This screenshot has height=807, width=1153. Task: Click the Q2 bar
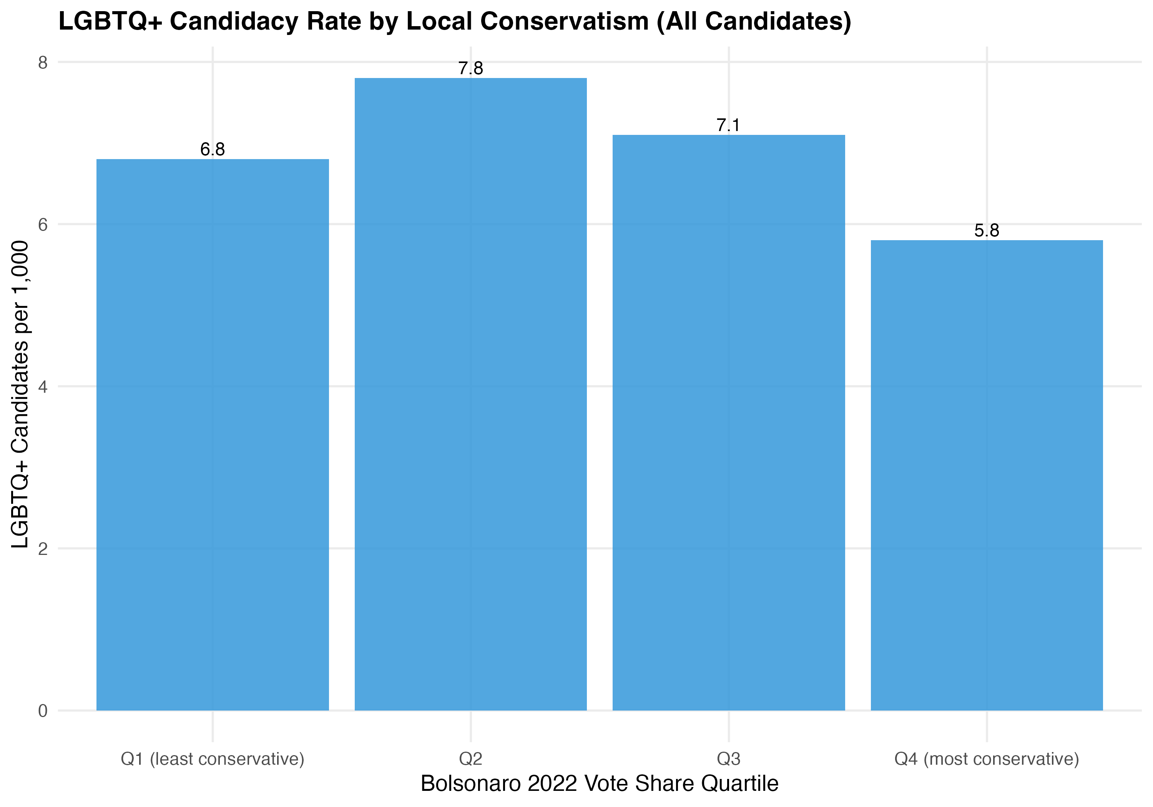coord(470,394)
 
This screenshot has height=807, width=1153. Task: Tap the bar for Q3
coord(729,422)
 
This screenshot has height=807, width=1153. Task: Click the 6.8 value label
coord(213,149)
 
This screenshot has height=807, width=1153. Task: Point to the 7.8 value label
coord(470,68)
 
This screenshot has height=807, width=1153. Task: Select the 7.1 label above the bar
coord(728,125)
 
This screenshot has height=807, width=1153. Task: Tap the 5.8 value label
coord(987,231)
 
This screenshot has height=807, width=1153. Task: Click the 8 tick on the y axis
coord(43,62)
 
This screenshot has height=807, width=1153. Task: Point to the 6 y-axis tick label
coord(43,224)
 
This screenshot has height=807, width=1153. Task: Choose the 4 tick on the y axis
coord(43,387)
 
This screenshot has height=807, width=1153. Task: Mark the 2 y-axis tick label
coord(43,548)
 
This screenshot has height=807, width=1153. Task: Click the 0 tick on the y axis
coord(43,711)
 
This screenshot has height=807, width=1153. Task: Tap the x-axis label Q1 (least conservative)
coord(213,759)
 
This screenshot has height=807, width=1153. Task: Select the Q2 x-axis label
coord(470,759)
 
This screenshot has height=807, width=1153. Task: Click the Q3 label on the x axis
coord(729,759)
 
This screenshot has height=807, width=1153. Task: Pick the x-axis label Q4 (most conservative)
coord(987,759)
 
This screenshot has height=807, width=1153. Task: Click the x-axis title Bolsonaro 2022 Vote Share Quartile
coord(599,784)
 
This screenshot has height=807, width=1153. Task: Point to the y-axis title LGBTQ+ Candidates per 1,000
coord(20,394)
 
